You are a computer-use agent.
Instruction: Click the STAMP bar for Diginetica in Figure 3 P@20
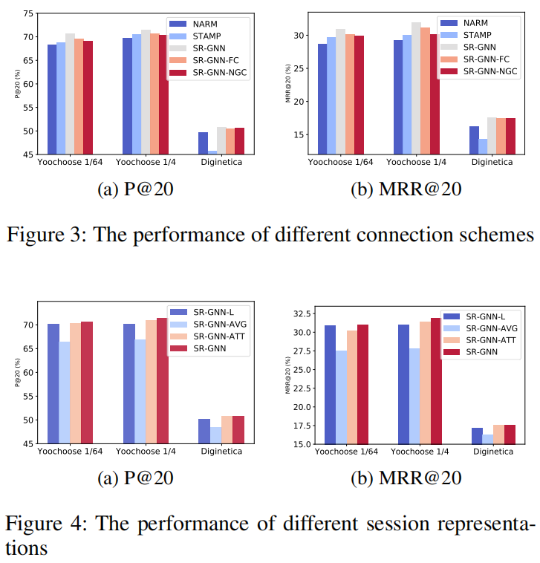(x=212, y=152)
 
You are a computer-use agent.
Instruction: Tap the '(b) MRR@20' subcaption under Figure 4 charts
(x=406, y=478)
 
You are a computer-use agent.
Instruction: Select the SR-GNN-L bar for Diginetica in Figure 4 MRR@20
(x=477, y=436)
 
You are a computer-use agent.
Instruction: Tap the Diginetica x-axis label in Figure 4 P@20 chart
(x=217, y=452)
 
